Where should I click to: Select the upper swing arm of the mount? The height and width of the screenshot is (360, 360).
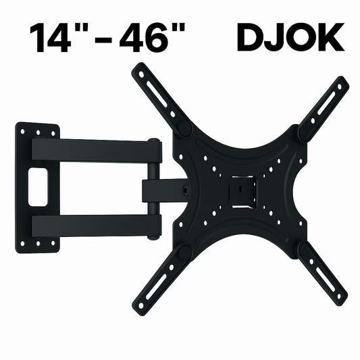point(95,150)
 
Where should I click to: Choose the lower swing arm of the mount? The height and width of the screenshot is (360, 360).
point(95,224)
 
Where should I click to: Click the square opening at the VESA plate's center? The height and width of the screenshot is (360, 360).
point(238,190)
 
